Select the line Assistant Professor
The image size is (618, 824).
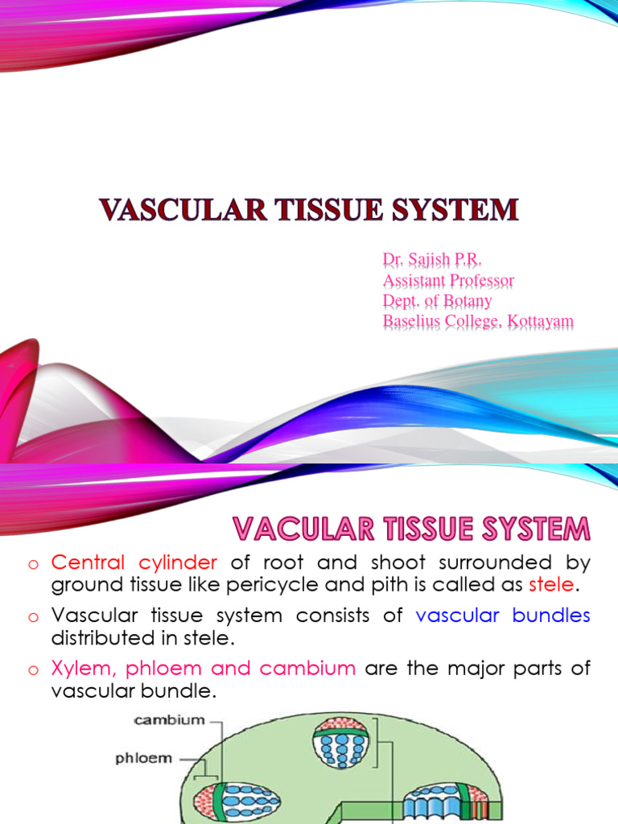(x=448, y=281)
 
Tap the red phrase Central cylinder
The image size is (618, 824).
(x=134, y=562)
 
